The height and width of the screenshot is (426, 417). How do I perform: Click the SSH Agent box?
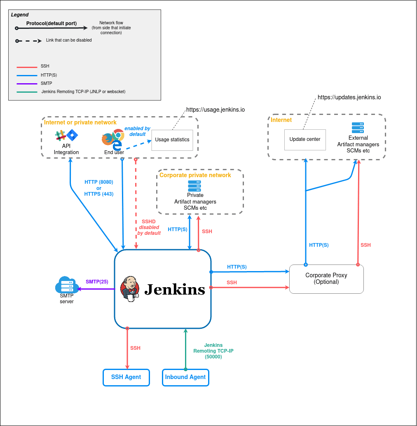pyautogui.click(x=126, y=377)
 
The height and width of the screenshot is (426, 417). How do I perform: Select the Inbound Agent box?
pyautogui.click(x=185, y=377)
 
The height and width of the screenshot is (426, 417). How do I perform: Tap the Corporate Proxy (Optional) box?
pyautogui.click(x=326, y=279)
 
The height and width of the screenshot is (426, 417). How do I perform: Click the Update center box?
pyautogui.click(x=305, y=140)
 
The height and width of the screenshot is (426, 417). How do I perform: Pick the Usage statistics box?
pyautogui.click(x=172, y=140)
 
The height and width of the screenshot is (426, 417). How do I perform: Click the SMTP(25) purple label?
pyautogui.click(x=97, y=282)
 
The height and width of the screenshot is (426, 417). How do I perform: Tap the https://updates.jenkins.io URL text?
pyautogui.click(x=349, y=98)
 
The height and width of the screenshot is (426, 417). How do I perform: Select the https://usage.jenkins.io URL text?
pyautogui.click(x=216, y=110)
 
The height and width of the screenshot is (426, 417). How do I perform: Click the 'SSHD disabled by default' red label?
pyautogui.click(x=149, y=227)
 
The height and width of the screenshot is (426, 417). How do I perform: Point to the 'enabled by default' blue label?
pyautogui.click(x=137, y=131)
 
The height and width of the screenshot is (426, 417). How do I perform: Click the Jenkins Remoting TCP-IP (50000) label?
pyautogui.click(x=213, y=351)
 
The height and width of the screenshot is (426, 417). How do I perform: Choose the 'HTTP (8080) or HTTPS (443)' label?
pyautogui.click(x=99, y=188)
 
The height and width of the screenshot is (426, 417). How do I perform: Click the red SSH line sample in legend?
pyautogui.click(x=26, y=67)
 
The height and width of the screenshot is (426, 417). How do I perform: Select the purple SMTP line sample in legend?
pyautogui.click(x=26, y=84)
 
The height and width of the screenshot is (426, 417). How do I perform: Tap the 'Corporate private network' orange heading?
pyautogui.click(x=195, y=175)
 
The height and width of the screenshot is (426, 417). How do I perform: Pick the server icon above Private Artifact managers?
pyautogui.click(x=194, y=186)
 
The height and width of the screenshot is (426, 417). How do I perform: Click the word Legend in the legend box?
pyautogui.click(x=20, y=15)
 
